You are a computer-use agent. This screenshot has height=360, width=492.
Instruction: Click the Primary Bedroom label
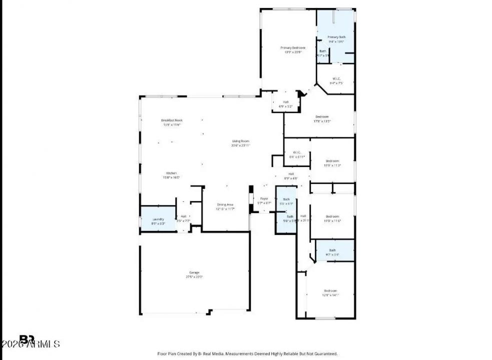[x=292, y=47]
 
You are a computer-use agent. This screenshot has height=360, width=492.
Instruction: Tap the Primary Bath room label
[x=336, y=37]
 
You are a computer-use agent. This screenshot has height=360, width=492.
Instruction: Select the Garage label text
[x=194, y=272]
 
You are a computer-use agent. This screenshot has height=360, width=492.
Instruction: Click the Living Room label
[x=240, y=141]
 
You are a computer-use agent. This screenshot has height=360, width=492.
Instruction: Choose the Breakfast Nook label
[x=171, y=120]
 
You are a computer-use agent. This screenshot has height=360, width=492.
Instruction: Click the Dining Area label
[x=225, y=204]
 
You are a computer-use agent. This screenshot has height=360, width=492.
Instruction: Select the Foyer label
[x=264, y=198]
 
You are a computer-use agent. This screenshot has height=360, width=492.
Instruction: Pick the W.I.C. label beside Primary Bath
[x=336, y=79]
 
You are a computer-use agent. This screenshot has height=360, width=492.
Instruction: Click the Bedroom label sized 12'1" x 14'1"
[x=330, y=290]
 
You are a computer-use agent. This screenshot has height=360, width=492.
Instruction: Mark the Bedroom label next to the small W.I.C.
[x=332, y=160]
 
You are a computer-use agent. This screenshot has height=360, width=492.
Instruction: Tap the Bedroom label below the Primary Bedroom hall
[x=322, y=116]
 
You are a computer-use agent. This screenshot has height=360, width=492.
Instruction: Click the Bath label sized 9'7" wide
[x=332, y=250]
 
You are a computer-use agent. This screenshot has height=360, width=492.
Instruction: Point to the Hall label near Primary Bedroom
[x=286, y=102]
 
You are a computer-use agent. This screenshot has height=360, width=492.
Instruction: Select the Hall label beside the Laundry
[x=184, y=216]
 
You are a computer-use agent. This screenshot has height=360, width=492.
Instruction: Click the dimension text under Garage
[x=194, y=277]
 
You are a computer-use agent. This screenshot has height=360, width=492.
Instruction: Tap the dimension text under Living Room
[x=240, y=145]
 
